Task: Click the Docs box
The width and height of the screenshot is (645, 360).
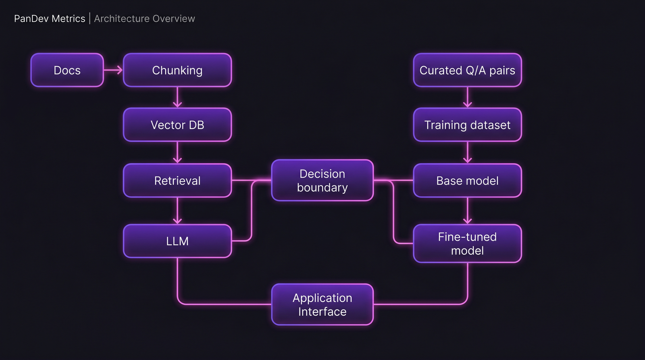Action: coord(67,70)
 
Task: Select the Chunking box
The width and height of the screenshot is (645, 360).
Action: coord(177,70)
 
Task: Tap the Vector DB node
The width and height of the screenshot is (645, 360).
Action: coord(177,125)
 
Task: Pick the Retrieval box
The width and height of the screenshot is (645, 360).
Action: coord(177,181)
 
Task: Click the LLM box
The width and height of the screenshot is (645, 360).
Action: coord(177,241)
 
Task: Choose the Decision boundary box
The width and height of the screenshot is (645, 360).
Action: coord(322,181)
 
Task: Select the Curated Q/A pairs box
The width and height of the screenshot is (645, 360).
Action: coord(467,70)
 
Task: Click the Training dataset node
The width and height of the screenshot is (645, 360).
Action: coord(467,125)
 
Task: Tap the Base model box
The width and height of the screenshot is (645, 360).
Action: coord(467,181)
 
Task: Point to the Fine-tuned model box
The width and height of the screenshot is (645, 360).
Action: coord(467,243)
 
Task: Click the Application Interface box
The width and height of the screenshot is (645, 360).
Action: coord(322,304)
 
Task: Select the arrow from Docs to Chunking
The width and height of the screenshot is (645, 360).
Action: coord(113,70)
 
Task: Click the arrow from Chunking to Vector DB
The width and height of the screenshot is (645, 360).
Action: coord(177,97)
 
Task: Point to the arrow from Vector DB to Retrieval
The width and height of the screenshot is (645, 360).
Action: coord(177,152)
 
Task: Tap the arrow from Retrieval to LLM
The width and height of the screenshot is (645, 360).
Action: coord(177,211)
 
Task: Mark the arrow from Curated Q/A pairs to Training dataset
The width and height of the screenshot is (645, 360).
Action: coord(467,97)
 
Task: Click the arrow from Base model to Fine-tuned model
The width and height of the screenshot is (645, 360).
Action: coord(467,211)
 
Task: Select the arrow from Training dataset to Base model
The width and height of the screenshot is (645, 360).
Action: coord(467,152)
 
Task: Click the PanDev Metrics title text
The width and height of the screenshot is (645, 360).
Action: coord(50,19)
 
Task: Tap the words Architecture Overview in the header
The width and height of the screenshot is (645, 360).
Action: coord(144,19)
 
